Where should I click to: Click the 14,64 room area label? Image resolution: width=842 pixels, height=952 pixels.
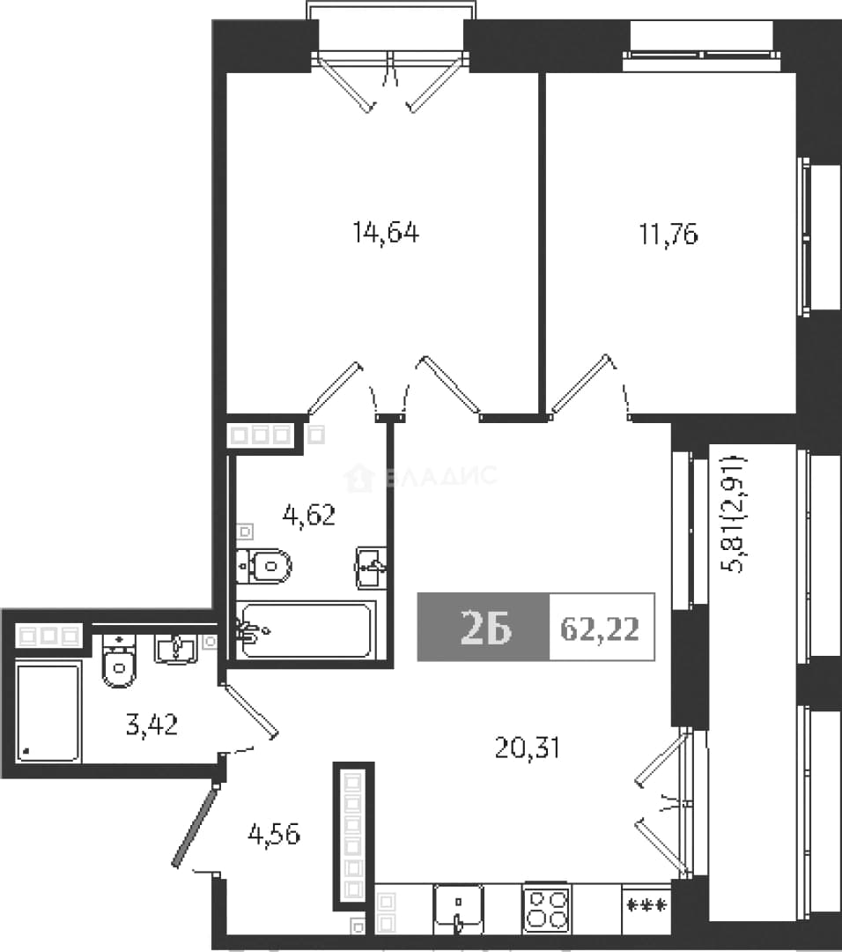coord(386,233)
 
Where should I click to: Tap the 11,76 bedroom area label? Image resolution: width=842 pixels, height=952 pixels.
coord(668,234)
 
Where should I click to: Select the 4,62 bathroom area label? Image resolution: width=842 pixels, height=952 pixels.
coord(309,516)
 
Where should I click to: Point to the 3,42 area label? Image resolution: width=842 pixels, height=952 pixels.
coord(151,725)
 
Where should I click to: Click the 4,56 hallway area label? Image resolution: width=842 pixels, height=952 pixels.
coord(274,835)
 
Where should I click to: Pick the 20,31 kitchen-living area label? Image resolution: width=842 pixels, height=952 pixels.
coord(528,747)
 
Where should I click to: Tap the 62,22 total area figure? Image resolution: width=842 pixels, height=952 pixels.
coord(600,628)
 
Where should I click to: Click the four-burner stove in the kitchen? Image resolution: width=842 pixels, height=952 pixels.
coord(547,908)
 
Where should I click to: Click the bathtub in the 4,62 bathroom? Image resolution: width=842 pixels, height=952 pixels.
coord(306,630)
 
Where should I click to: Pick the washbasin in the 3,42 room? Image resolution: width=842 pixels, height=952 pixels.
coord(175,649)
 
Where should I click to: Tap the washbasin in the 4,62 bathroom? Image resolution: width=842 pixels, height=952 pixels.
coord(371,568)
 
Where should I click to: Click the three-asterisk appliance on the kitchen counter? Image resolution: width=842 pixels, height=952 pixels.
coord(646,906)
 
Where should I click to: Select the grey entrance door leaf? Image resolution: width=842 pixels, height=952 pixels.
coord(194,825)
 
